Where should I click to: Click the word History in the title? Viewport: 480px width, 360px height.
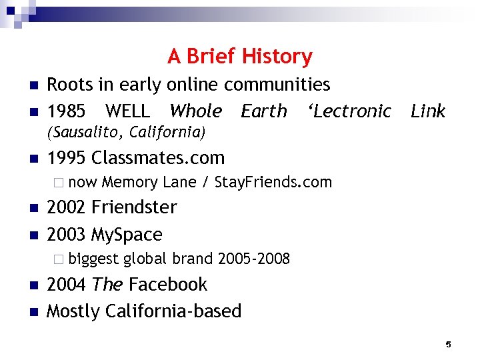pyautogui.click(x=277, y=57)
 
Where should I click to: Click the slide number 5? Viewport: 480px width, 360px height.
pyautogui.click(x=448, y=344)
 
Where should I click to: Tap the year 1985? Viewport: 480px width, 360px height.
pyautogui.click(x=67, y=111)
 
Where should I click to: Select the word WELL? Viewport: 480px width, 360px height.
pyautogui.click(x=128, y=111)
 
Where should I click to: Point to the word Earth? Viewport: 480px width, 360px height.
pyautogui.click(x=264, y=111)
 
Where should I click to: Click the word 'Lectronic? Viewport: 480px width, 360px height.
pyautogui.click(x=349, y=111)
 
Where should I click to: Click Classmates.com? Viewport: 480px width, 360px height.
pyautogui.click(x=158, y=158)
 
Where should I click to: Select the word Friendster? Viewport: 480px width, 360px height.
pyautogui.click(x=134, y=207)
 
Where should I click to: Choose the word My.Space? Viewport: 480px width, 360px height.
pyautogui.click(x=127, y=235)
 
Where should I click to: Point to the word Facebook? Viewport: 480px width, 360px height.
pyautogui.click(x=167, y=285)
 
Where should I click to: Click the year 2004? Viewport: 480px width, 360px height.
pyautogui.click(x=67, y=285)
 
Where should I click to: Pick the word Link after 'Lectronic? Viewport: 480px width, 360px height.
pyautogui.click(x=428, y=111)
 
